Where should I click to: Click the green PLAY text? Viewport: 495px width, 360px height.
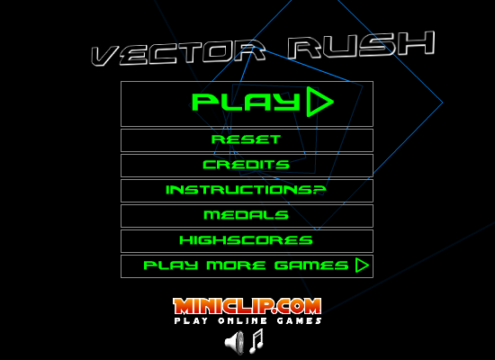point(246,102)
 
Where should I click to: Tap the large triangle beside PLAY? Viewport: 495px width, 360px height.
point(319,102)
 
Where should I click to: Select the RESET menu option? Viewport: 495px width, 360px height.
point(247,139)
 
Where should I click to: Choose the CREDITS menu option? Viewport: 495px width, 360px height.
point(247,165)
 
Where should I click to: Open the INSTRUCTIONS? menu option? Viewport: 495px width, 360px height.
point(247,190)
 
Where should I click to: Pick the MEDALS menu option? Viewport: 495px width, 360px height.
point(247,215)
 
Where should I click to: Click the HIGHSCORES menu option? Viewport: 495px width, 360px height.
point(247,240)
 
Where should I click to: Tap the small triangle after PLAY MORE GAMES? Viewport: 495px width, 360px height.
point(362,265)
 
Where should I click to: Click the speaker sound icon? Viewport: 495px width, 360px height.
point(235,342)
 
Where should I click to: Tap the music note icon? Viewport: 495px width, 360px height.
point(256,341)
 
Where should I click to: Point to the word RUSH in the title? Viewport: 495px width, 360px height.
point(362,45)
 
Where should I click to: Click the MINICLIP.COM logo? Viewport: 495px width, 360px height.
point(247,306)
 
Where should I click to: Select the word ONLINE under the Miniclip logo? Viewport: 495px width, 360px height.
point(242,320)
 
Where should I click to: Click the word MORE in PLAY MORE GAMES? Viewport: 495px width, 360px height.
point(236,265)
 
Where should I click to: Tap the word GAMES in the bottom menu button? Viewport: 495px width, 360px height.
point(311,265)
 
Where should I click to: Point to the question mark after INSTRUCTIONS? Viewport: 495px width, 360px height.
point(320,190)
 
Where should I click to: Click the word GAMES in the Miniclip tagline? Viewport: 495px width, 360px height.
point(300,320)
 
